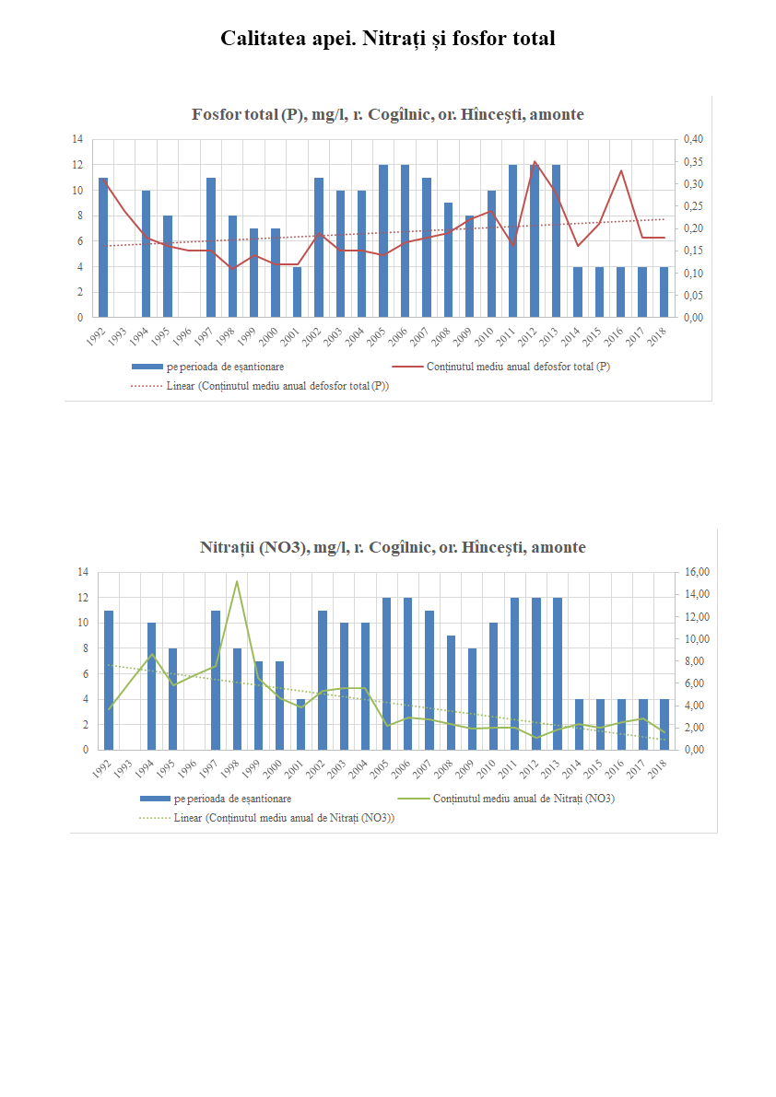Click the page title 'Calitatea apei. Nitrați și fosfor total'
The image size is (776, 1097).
pyautogui.click(x=387, y=39)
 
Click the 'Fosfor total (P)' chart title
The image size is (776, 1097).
pyautogui.click(x=387, y=114)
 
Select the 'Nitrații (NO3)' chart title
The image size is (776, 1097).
pyautogui.click(x=393, y=547)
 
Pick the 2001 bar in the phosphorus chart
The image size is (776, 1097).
pyautogui.click(x=298, y=292)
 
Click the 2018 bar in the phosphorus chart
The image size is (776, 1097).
pyautogui.click(x=664, y=292)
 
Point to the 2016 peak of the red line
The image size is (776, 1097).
pyautogui.click(x=620, y=170)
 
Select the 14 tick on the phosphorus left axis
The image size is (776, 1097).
pyautogui.click(x=77, y=139)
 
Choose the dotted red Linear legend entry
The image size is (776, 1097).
pyautogui.click(x=277, y=386)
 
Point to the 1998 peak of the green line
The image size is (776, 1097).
pyautogui.click(x=237, y=581)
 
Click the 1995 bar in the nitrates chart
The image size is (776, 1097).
pyautogui.click(x=172, y=699)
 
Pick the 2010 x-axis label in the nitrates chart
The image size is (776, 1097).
pyautogui.click(x=489, y=765)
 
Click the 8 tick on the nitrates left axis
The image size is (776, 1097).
pyautogui.click(x=83, y=648)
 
